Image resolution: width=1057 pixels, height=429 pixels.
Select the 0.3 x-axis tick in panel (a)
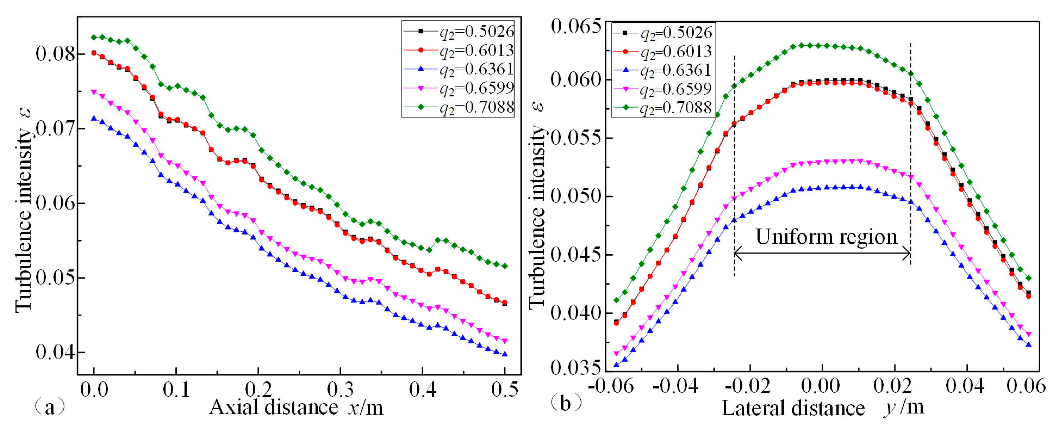[340, 389]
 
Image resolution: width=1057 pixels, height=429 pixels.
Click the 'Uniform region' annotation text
[826, 237]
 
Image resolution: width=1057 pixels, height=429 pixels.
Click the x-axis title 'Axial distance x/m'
[296, 408]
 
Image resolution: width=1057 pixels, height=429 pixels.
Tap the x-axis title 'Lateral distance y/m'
[823, 408]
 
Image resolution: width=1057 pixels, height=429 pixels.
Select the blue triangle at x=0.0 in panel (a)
[94, 118]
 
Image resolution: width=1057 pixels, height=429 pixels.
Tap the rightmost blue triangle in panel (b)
[1028, 344]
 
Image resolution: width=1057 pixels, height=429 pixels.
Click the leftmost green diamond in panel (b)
[616, 300]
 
